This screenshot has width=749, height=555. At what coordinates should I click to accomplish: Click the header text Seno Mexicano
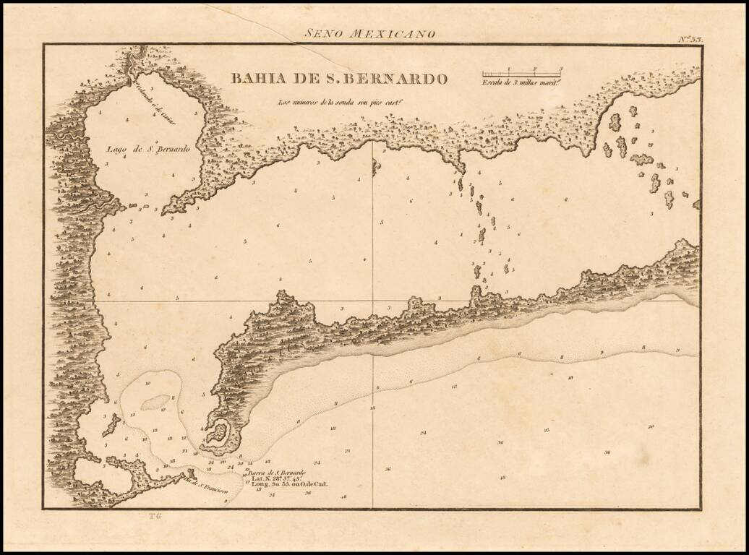pos(369,33)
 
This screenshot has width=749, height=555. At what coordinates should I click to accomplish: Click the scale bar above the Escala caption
pos(521,73)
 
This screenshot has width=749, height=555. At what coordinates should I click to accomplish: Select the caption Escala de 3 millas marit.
pos(521,82)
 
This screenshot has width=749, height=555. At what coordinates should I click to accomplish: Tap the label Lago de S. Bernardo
pos(147,150)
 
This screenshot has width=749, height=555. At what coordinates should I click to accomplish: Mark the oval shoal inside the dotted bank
pos(155,402)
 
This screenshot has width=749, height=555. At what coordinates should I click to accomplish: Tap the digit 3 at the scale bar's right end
pos(560,69)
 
